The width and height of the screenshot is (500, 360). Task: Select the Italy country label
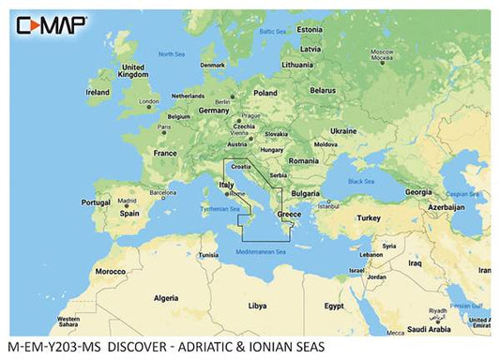point(226,186)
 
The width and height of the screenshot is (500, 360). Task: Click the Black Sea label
point(361,181)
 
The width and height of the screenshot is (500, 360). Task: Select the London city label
point(148,100)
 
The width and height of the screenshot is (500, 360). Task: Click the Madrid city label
point(127,201)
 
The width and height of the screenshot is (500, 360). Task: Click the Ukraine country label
point(343,130)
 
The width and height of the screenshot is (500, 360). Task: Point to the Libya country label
point(256,306)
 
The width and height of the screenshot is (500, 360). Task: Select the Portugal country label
point(96,202)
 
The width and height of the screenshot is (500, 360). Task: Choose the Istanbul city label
point(326,205)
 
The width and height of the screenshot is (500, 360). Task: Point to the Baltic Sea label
point(272,31)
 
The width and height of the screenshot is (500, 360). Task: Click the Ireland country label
point(98,93)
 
